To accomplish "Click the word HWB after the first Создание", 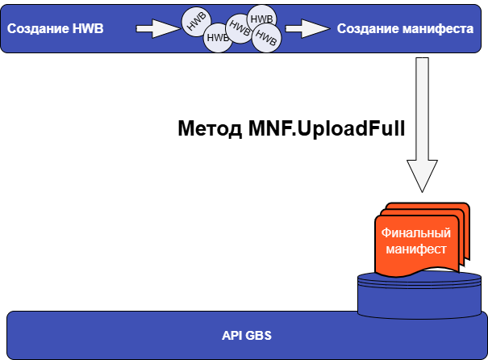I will click(x=89, y=29).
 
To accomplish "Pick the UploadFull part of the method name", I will click(x=352, y=129).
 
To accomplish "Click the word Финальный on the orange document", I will click(x=415, y=232).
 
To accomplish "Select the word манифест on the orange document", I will click(x=415, y=249).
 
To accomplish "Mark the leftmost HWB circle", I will click(x=194, y=23).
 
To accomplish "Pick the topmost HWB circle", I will click(x=260, y=18).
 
